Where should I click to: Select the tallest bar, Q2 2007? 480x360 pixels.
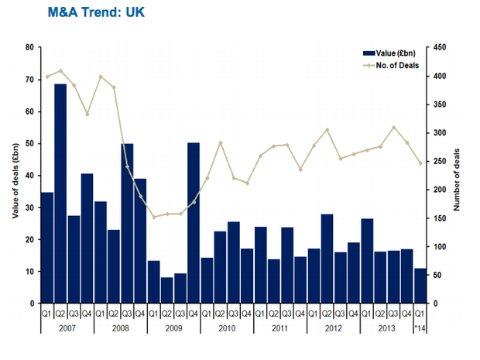click(x=60, y=194)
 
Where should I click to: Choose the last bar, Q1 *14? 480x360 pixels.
click(x=420, y=286)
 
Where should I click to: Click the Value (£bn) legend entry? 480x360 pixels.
click(x=390, y=52)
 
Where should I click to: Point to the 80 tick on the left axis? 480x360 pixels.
click(x=29, y=47)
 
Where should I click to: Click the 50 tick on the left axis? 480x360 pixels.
click(x=29, y=144)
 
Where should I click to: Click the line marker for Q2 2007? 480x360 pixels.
click(x=60, y=70)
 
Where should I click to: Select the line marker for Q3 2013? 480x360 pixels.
click(x=394, y=127)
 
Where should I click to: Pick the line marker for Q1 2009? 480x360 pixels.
click(x=153, y=217)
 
